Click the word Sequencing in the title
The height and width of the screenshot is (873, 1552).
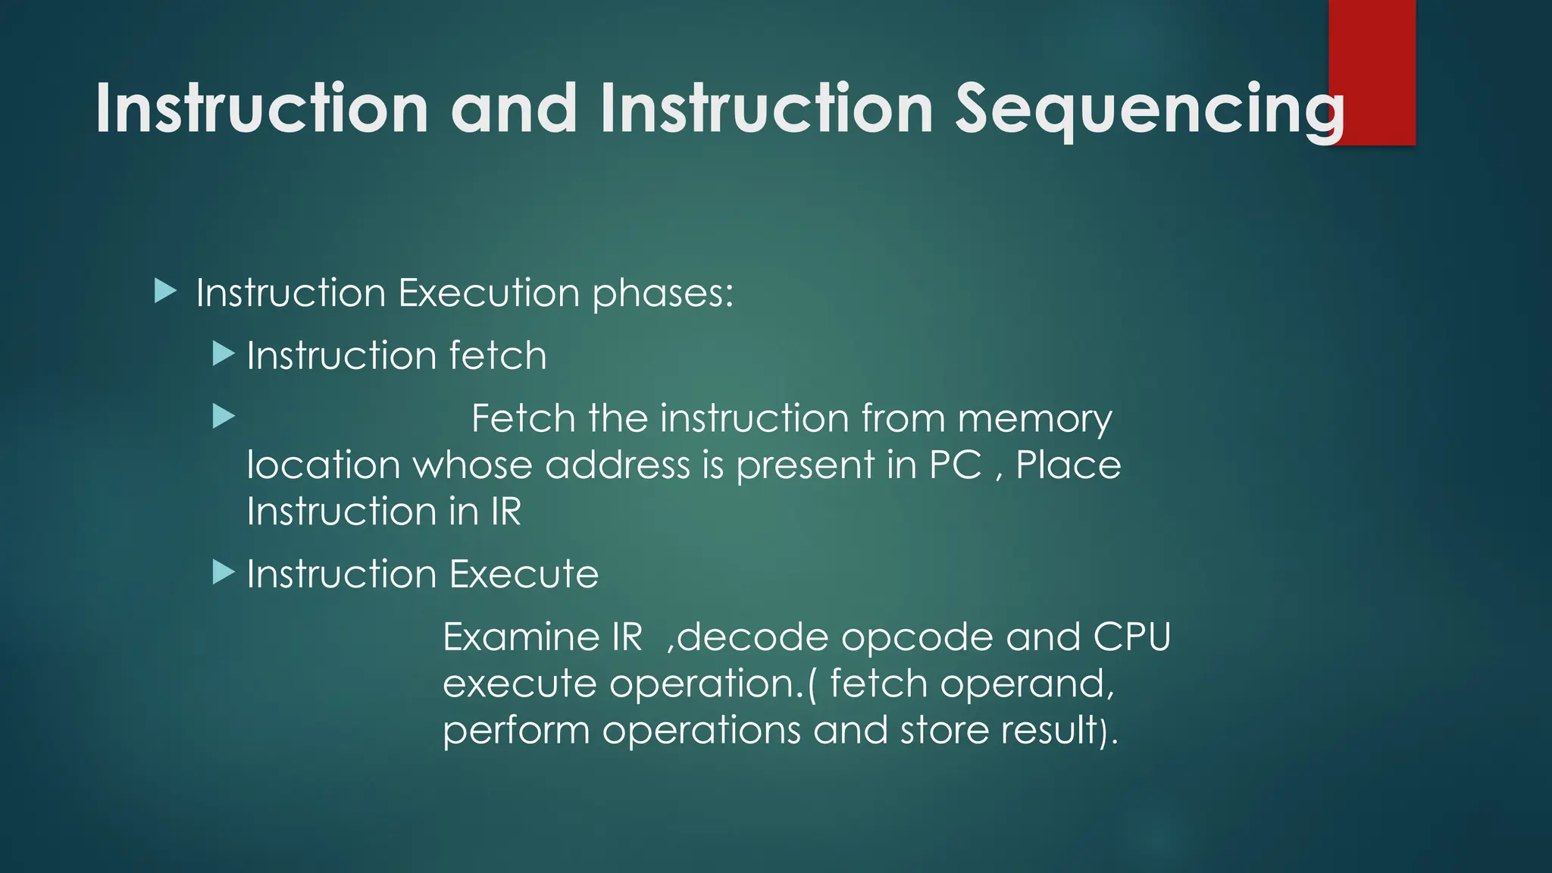click(1148, 110)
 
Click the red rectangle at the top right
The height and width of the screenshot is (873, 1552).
click(1372, 45)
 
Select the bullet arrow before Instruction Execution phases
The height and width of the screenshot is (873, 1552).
click(164, 291)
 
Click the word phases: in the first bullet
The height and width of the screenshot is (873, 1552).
click(662, 294)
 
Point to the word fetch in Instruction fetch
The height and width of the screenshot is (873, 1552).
click(497, 355)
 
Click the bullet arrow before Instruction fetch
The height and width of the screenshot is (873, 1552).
click(223, 353)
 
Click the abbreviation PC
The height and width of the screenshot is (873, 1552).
click(955, 465)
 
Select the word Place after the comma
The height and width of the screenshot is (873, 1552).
click(1068, 465)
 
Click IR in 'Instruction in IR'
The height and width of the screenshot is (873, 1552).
click(505, 512)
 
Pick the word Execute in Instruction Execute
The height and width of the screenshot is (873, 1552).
click(523, 574)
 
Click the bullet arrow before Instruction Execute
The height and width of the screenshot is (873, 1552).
click(223, 572)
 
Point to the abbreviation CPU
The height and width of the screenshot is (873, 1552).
click(1131, 637)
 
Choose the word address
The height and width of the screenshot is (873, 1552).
click(617, 465)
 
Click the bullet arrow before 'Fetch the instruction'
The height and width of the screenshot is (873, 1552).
click(223, 416)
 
